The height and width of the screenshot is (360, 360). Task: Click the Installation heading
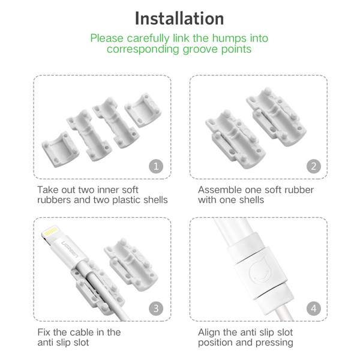click(179, 19)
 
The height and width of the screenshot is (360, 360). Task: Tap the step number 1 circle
click(156, 166)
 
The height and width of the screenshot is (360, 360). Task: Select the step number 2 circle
click(314, 166)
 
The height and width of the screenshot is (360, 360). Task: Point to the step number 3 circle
click(156, 308)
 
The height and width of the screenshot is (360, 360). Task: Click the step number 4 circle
click(314, 308)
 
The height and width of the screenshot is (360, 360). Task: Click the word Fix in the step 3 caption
click(44, 332)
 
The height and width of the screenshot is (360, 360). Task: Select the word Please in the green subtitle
click(107, 38)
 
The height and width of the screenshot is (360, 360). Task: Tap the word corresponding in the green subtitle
click(143, 50)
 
